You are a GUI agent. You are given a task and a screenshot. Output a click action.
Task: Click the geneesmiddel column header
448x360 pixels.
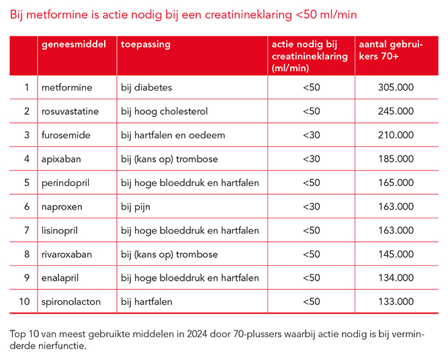(x=74, y=44)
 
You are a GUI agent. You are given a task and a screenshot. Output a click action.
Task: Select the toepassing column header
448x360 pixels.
(x=146, y=44)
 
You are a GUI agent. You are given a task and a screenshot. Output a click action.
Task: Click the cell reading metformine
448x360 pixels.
(x=66, y=87)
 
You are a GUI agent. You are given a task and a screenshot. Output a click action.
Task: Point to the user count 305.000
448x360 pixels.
(x=396, y=87)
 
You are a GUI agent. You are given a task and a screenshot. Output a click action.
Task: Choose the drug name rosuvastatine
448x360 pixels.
(x=70, y=111)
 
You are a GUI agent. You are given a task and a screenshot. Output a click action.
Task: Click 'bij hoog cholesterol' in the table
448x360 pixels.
(x=165, y=111)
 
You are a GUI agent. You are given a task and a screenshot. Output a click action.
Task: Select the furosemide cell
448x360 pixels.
(x=65, y=135)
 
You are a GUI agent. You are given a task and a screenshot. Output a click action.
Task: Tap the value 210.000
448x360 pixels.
(x=396, y=135)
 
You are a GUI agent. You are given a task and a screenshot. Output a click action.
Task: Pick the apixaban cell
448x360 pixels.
(x=62, y=159)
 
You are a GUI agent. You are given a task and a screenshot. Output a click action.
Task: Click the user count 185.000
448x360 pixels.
(x=396, y=159)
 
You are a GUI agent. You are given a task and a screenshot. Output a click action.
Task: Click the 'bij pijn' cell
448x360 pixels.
(x=136, y=207)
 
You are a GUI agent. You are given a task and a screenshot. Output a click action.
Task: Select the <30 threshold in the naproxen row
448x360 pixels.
(x=311, y=207)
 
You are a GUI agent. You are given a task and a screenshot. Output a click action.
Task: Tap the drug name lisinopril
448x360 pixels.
(x=60, y=230)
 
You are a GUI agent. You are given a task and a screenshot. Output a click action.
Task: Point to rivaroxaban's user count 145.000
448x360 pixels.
(x=396, y=255)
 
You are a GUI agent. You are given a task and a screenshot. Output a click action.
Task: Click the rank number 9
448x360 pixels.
(x=27, y=278)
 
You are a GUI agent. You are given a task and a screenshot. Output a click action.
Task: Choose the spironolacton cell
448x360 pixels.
(x=71, y=302)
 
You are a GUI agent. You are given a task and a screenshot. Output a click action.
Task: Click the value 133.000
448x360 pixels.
(x=396, y=302)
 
